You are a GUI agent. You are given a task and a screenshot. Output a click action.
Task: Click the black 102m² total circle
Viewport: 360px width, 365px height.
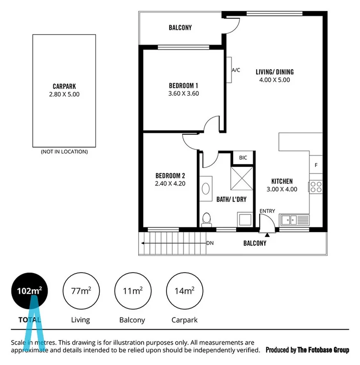tap(29, 292)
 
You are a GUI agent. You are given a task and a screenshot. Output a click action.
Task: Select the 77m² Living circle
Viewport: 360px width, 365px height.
tap(80, 292)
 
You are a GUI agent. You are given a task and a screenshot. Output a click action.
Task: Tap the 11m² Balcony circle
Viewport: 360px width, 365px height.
tap(132, 292)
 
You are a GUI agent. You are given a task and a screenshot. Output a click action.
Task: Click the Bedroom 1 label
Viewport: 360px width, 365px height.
tap(183, 86)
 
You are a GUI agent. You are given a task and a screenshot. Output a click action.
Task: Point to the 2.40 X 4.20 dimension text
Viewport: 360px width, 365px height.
tap(170, 184)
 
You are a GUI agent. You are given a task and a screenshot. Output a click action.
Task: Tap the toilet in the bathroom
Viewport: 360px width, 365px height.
tap(207, 219)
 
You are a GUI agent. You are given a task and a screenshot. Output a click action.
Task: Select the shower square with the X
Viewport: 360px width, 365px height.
tap(242, 178)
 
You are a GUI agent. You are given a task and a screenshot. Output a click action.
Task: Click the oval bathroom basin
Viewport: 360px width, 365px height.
tap(206, 189)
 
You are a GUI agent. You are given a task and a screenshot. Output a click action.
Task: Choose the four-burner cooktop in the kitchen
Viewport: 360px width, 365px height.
tap(316, 187)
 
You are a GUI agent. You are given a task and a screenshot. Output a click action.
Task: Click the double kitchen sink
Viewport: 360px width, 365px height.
tap(294, 220)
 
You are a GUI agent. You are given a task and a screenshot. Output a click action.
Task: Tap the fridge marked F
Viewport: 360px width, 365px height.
tap(316, 166)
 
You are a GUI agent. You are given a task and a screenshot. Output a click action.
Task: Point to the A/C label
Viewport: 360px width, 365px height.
tap(236, 70)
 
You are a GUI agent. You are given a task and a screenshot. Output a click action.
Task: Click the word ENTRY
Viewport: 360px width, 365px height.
tap(267, 211)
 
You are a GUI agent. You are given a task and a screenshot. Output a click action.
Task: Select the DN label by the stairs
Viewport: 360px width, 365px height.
tap(210, 243)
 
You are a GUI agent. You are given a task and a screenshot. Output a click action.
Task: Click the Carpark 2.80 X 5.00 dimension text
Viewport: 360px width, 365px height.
tap(64, 94)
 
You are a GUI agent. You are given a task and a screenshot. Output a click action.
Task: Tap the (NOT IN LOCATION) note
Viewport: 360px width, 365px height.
tap(64, 152)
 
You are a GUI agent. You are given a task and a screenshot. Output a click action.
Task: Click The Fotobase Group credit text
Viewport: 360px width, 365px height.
tap(308, 350)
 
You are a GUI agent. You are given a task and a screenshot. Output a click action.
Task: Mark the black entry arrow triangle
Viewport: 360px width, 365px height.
tap(267, 234)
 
